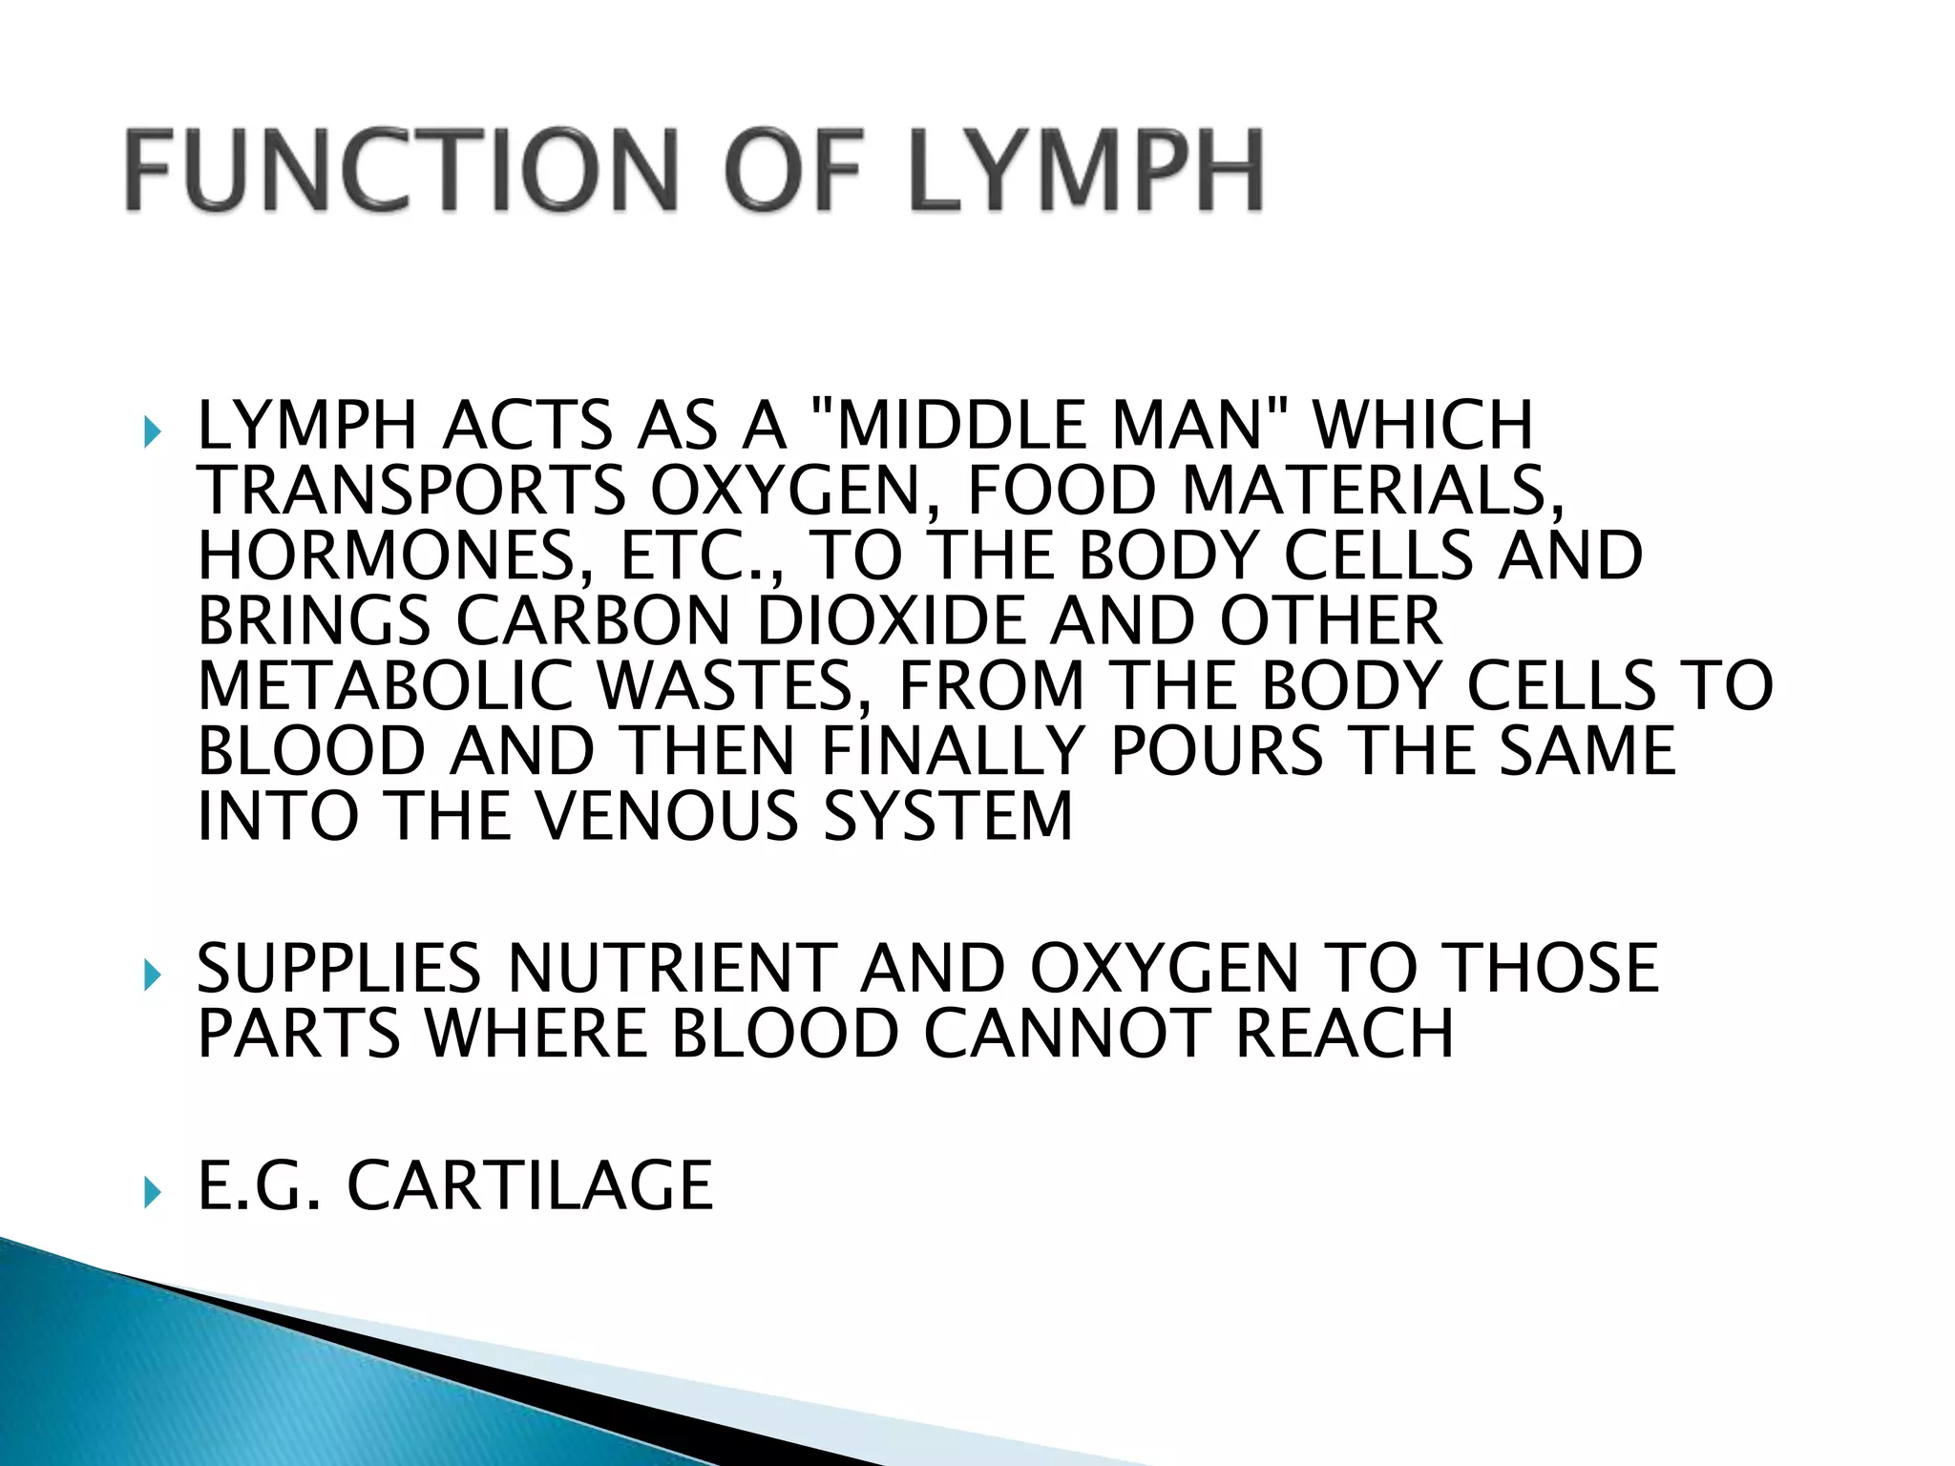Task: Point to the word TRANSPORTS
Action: pos(410,491)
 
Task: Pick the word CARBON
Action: pos(593,620)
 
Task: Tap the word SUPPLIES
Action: pos(339,968)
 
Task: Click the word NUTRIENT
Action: pos(672,968)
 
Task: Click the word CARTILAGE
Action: pos(530,1185)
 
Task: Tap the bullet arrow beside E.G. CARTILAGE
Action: pos(153,1191)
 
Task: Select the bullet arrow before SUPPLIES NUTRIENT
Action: pos(153,974)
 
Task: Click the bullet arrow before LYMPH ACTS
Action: pos(153,431)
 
